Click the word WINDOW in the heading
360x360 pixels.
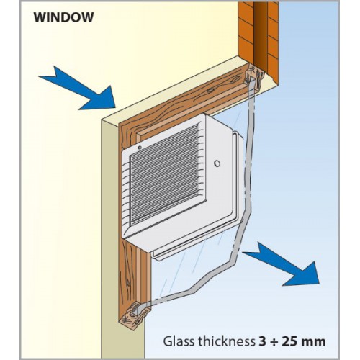(63, 17)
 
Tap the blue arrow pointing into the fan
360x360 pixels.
(79, 90)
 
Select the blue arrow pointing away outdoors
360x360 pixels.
(283, 265)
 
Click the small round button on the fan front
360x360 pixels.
(217, 163)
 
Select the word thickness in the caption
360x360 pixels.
(225, 341)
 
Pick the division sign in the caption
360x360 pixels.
(274, 341)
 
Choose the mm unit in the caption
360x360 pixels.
(313, 343)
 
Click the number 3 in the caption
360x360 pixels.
(262, 341)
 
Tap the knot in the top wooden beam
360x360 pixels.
(210, 91)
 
